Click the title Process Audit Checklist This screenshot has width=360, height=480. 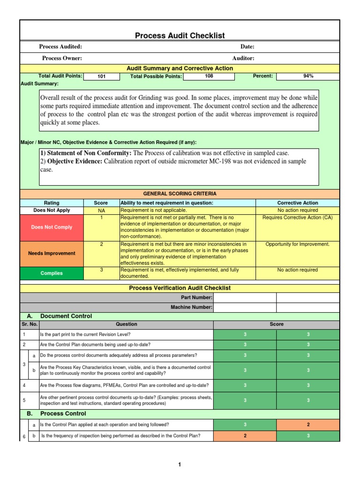tap(180, 36)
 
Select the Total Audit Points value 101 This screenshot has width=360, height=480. tap(101, 76)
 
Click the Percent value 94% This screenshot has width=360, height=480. tap(308, 76)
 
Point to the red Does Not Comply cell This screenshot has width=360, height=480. tap(52, 227)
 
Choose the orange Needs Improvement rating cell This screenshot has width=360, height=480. tap(52, 254)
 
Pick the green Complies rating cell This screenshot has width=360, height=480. tap(52, 273)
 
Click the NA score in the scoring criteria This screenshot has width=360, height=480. tap(101, 211)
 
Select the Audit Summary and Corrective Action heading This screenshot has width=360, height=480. tap(180, 68)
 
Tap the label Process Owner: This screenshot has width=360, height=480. tap(62, 58)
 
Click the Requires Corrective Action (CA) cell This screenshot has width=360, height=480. tap(297, 217)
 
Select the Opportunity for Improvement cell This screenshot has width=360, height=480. tap(297, 244)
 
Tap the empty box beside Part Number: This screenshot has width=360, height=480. tap(245, 298)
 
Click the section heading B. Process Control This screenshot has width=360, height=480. tap(63, 414)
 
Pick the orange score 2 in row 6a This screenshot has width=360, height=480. tap(308, 425)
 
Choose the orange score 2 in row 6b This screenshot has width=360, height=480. tap(245, 436)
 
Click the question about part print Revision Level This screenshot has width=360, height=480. tap(85, 335)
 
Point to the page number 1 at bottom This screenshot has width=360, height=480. tap(180, 465)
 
